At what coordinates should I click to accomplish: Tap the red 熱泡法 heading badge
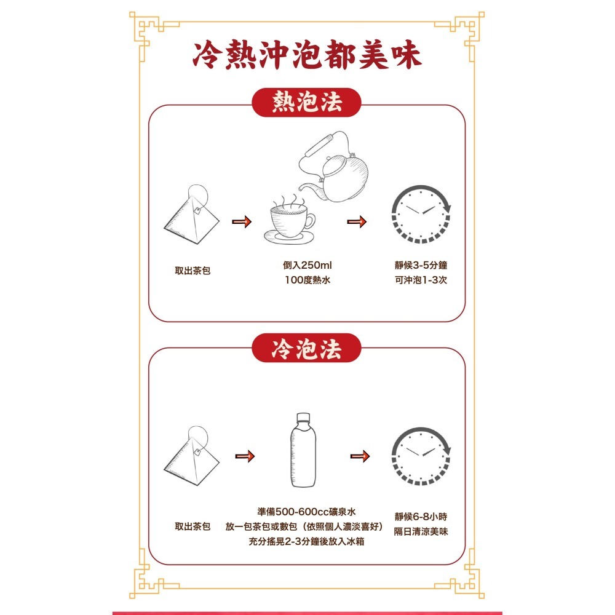tap(307, 103)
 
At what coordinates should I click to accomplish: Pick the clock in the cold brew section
tap(421, 456)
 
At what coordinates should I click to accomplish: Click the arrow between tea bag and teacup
tap(242, 222)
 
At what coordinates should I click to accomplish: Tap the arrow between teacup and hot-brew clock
tap(357, 222)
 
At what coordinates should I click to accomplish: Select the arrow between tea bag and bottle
tap(244, 456)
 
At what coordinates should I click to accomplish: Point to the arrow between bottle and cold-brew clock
tap(360, 456)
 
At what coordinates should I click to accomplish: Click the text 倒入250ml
tap(307, 265)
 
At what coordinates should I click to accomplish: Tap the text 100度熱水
tap(307, 281)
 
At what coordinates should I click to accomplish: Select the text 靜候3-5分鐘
tap(421, 265)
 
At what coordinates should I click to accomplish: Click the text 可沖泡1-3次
tap(421, 281)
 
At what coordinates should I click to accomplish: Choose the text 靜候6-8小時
tap(421, 515)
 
